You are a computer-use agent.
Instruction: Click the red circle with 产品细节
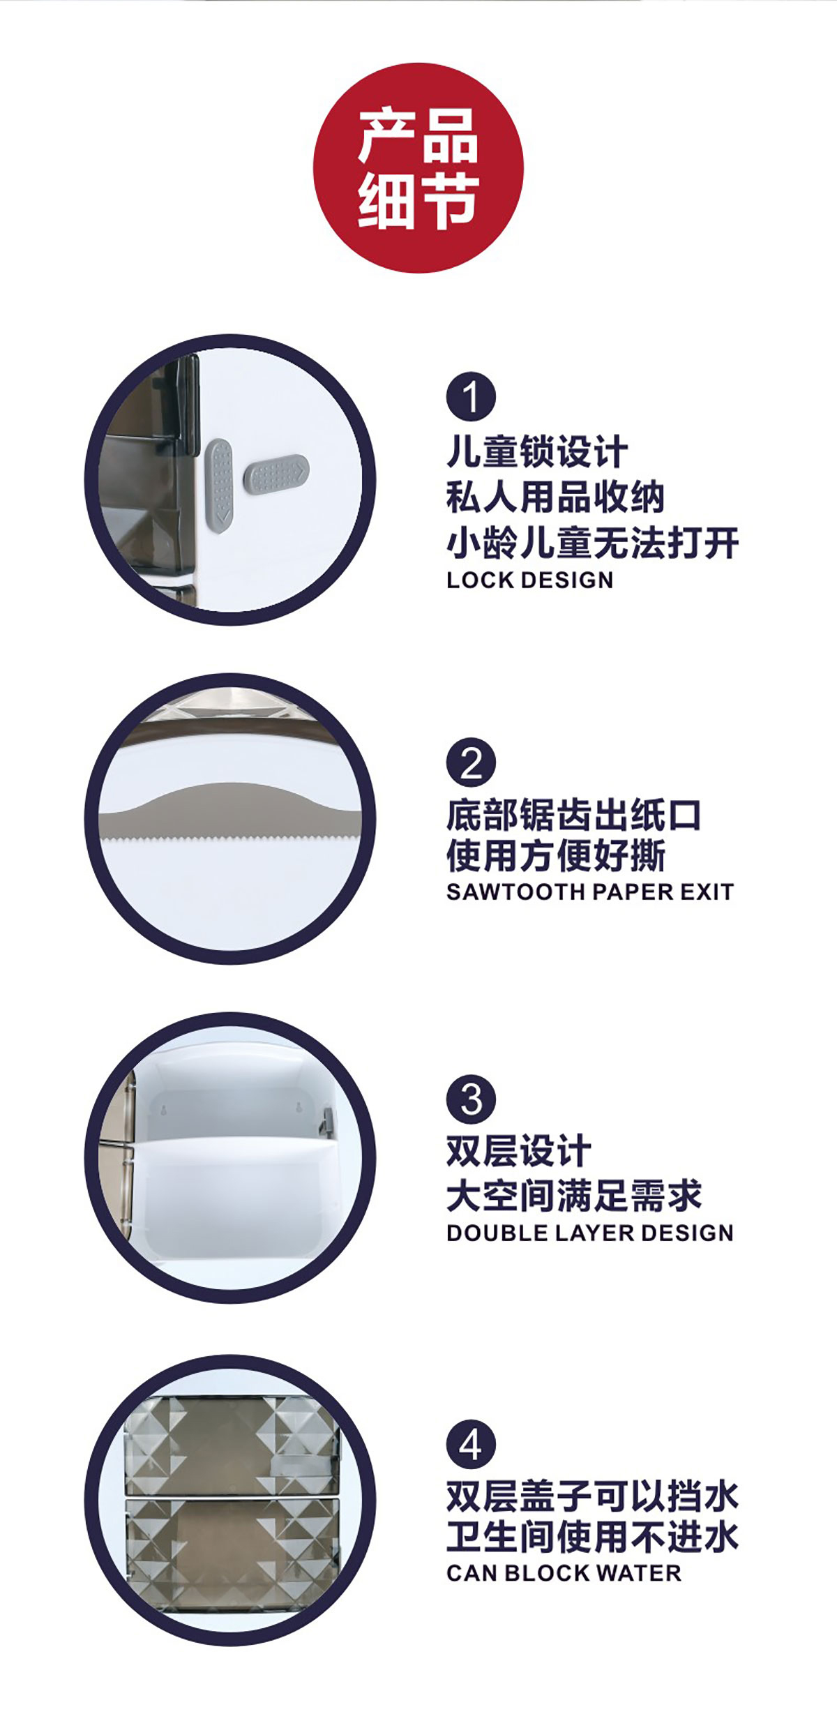pos(418,168)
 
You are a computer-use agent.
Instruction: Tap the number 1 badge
pos(471,396)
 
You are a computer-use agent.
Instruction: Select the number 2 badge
pos(471,762)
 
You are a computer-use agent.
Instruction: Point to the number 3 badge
pos(471,1100)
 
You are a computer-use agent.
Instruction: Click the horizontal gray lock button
pos(276,472)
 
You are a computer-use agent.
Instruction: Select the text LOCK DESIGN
pos(530,580)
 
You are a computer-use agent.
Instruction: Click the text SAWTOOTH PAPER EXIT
pos(590,892)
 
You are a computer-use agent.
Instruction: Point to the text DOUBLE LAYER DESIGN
pos(590,1233)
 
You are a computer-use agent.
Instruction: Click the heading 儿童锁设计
pos(537,451)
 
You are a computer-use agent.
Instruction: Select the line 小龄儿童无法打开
pos(593,543)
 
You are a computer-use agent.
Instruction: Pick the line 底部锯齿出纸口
pos(574,815)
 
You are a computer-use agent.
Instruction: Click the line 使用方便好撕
pos(556,855)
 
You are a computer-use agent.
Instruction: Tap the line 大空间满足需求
pos(574,1196)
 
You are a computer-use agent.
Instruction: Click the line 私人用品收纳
pos(555,497)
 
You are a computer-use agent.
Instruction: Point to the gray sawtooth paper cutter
pos(230,813)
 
